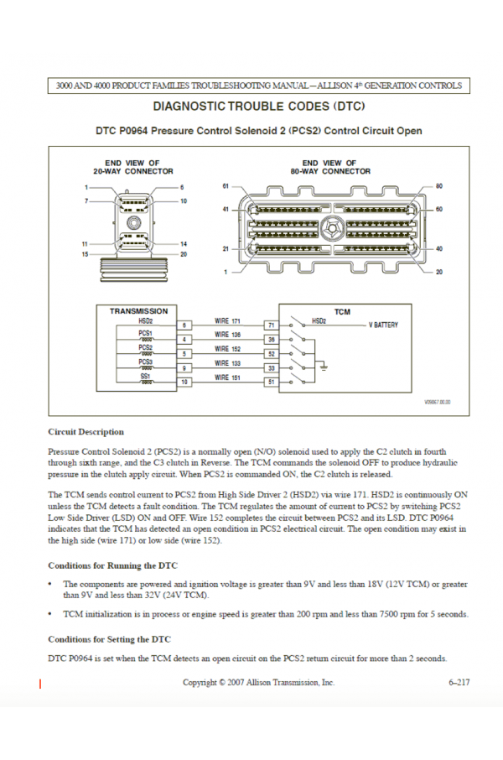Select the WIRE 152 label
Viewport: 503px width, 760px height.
[227, 348]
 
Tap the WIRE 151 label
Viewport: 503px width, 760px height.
[227, 378]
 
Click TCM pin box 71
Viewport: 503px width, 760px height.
[271, 325]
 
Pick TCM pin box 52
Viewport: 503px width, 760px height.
[271, 354]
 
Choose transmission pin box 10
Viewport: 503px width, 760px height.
[184, 383]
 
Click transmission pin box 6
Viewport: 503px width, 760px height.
[184, 325]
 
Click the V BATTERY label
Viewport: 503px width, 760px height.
[384, 325]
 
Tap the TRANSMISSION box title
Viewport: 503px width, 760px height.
[138, 311]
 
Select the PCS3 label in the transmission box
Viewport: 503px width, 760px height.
[146, 362]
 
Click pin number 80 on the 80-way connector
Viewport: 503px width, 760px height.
[439, 185]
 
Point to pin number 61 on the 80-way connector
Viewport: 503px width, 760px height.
[226, 185]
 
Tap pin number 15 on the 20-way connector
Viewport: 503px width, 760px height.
[85, 253]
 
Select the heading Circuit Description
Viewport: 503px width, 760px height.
[86, 432]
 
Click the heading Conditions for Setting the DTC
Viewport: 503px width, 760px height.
[109, 639]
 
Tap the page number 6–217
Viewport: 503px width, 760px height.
[459, 683]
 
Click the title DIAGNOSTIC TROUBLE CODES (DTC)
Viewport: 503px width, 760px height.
[260, 107]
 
